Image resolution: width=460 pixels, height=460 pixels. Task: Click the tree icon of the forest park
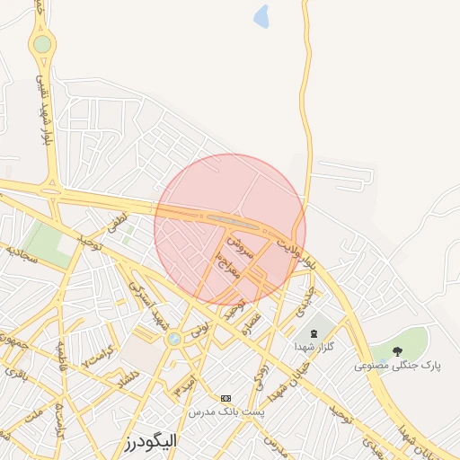(x=398, y=350)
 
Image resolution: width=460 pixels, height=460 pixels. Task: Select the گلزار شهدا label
(x=314, y=346)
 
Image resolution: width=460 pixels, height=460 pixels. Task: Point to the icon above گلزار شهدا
(x=314, y=332)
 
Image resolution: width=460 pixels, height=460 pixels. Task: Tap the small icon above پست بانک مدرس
(x=225, y=397)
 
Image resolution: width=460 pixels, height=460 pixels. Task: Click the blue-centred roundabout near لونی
(x=173, y=339)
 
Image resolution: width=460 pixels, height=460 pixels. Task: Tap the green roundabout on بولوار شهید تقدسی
(x=42, y=42)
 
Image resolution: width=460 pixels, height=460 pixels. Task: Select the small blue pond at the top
(x=261, y=15)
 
